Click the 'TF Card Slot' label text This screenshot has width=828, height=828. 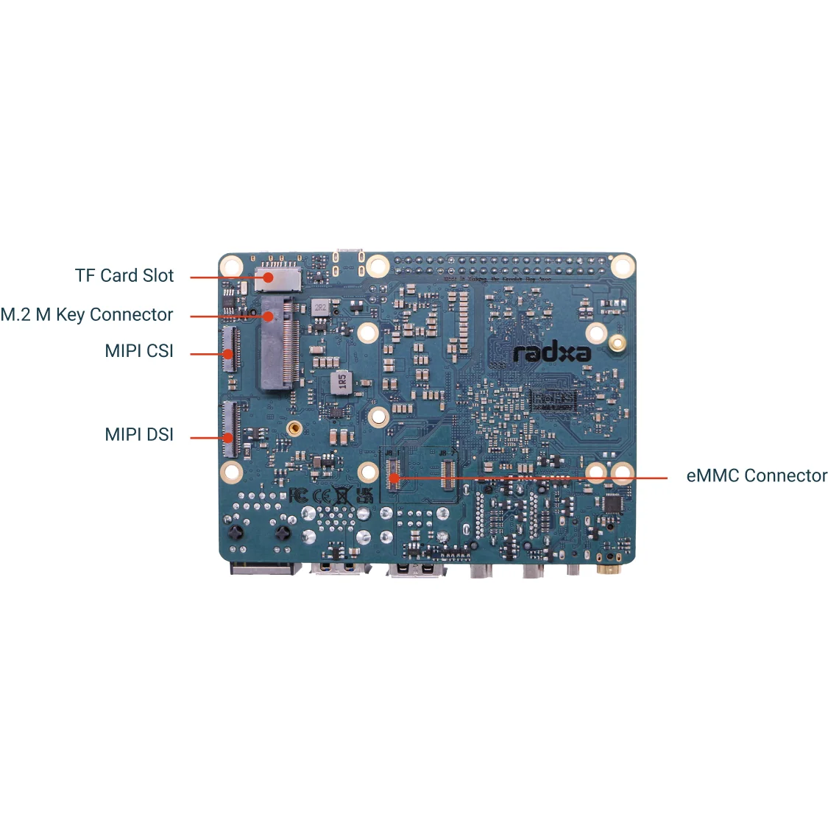(x=124, y=276)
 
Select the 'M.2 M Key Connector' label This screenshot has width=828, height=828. (x=87, y=315)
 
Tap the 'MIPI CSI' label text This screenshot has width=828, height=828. (x=139, y=351)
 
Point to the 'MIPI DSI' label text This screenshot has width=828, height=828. (x=139, y=435)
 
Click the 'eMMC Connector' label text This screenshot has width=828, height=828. (x=757, y=476)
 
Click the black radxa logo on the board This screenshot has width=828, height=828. (x=552, y=353)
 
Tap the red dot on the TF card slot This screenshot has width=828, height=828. (x=269, y=277)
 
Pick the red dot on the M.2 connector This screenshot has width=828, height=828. (x=269, y=316)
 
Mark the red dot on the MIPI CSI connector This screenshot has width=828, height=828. (x=229, y=354)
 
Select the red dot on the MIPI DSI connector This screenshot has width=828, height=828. (x=229, y=438)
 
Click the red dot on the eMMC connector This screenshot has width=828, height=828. (x=394, y=478)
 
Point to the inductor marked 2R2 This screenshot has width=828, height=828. (x=320, y=307)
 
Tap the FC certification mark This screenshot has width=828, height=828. (x=298, y=495)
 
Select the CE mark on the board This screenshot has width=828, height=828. (x=322, y=495)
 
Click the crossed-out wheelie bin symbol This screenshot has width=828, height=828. (x=342, y=495)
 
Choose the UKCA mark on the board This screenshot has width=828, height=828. (x=364, y=494)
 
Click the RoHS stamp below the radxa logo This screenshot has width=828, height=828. (x=552, y=400)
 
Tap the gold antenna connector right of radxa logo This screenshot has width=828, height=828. (x=617, y=341)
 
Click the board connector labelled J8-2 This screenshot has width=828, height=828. (x=447, y=474)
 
